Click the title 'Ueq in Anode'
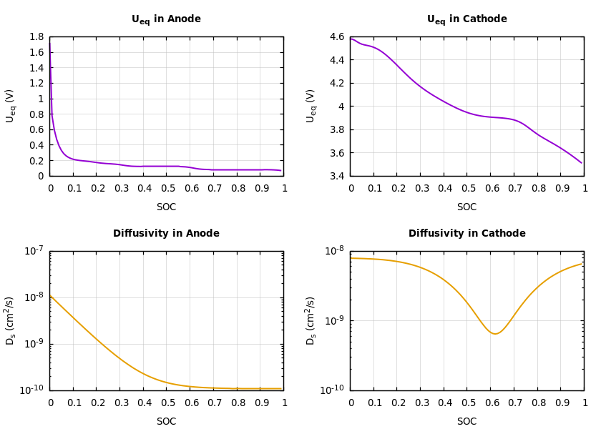166,19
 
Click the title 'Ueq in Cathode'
466,19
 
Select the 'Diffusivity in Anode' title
166,234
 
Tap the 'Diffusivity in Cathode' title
466,234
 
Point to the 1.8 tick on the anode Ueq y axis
36,37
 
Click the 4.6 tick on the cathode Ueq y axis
336,37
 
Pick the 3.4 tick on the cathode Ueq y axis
336,176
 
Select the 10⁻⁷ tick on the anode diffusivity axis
34,250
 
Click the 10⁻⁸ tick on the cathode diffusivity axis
334,250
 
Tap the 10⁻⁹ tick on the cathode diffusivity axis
334,320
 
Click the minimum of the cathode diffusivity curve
494,334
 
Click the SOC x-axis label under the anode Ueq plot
166,207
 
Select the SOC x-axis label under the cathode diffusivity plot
466,422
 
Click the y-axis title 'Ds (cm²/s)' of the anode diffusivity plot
11,320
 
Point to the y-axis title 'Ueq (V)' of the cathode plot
311,106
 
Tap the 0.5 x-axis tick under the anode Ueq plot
167,189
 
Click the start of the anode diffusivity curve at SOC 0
50,295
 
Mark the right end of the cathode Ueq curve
582,163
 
